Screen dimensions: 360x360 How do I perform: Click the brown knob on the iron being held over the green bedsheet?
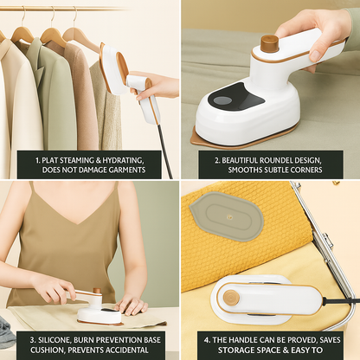click(269, 43)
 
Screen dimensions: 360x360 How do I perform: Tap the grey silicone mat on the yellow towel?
click(227, 216)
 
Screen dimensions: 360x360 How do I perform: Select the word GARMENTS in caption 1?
click(127, 170)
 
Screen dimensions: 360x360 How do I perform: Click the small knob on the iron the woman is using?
click(97, 291)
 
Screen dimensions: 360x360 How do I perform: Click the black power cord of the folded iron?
click(336, 300)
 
